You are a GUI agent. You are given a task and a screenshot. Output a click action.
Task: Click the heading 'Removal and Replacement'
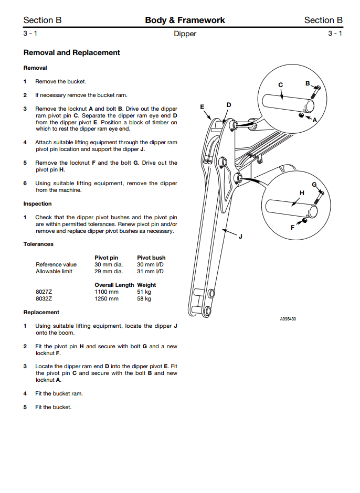(x=72, y=52)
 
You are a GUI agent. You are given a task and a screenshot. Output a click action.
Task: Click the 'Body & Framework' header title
(x=185, y=20)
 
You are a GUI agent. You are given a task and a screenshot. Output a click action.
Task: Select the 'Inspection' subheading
(x=37, y=203)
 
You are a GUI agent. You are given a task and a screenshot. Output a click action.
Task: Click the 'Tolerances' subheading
(x=38, y=244)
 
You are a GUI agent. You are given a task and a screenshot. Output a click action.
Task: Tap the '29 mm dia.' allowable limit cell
(x=109, y=271)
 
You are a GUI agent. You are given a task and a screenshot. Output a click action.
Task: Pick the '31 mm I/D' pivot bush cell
(x=150, y=271)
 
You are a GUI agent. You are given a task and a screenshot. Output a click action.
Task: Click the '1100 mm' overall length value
(x=107, y=292)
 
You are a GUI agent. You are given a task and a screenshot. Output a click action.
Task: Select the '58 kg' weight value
(x=144, y=298)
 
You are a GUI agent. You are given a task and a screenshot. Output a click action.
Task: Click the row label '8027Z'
(x=44, y=292)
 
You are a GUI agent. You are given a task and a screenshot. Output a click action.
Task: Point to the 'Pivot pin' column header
(x=106, y=258)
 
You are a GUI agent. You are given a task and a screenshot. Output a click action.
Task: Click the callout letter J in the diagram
(x=240, y=237)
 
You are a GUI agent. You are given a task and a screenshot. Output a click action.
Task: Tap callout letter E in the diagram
(x=202, y=107)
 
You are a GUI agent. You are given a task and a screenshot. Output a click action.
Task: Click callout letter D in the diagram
(x=228, y=105)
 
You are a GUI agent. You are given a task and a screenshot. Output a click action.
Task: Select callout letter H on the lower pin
(x=302, y=193)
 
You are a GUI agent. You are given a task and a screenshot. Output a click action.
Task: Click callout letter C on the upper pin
(x=280, y=85)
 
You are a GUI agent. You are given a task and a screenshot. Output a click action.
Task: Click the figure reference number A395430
(x=289, y=318)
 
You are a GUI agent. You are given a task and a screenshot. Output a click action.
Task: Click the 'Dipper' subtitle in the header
(x=185, y=34)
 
